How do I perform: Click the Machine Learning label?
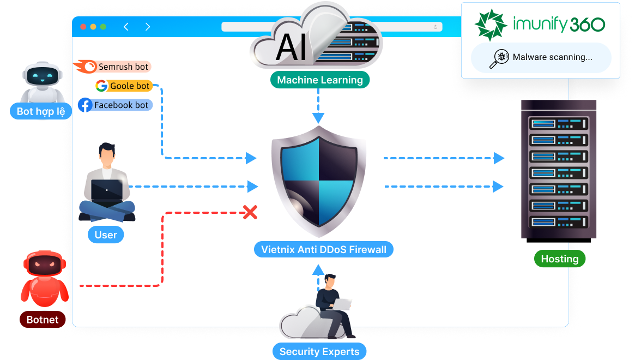pyautogui.click(x=320, y=80)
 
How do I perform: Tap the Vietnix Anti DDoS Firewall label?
pyautogui.click(x=324, y=250)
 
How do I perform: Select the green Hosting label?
pyautogui.click(x=560, y=259)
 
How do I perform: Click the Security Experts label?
pyautogui.click(x=319, y=352)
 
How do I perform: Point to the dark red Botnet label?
pyautogui.click(x=43, y=320)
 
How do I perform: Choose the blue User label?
pyautogui.click(x=106, y=235)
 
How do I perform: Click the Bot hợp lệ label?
pyautogui.click(x=41, y=111)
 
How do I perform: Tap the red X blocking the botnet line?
pyautogui.click(x=250, y=212)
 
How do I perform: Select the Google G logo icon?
pyautogui.click(x=101, y=86)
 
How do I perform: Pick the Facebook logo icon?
pyautogui.click(x=85, y=105)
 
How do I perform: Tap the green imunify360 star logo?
pyautogui.click(x=491, y=25)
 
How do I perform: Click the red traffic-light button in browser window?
pyautogui.click(x=83, y=27)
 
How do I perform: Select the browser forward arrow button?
pyautogui.click(x=148, y=27)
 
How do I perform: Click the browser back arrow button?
pyautogui.click(x=126, y=27)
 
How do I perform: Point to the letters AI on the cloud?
pyautogui.click(x=294, y=46)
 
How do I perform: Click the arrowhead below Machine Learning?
pyautogui.click(x=318, y=118)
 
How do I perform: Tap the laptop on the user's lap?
pyautogui.click(x=107, y=191)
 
